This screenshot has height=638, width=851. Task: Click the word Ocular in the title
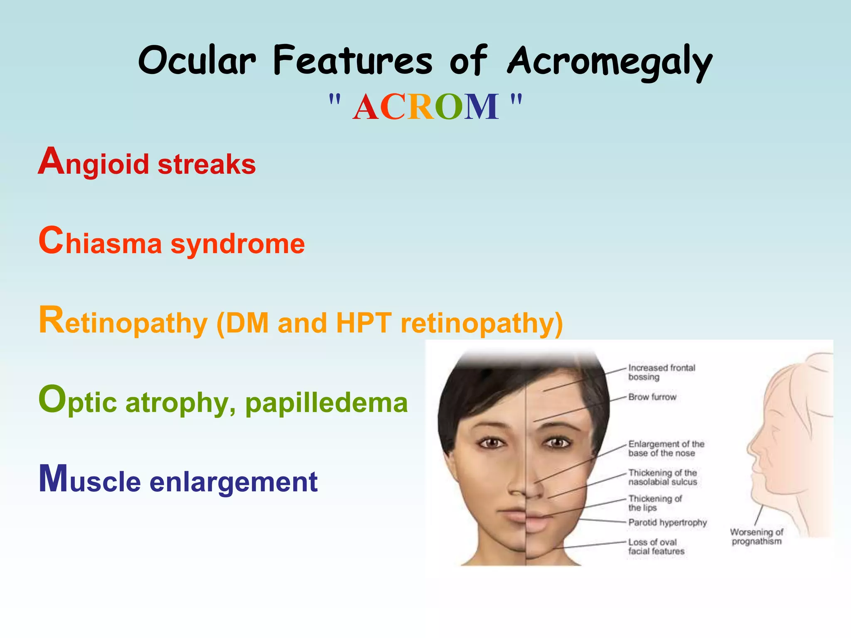pos(197,61)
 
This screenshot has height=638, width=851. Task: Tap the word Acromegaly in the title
pos(610,62)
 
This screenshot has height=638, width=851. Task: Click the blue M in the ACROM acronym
pos(481,107)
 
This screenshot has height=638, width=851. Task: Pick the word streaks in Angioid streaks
pos(207,164)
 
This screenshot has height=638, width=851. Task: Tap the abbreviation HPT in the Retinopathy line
pos(364,322)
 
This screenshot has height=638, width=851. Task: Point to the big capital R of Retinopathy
pos(52,320)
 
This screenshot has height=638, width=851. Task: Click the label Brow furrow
pos(652,397)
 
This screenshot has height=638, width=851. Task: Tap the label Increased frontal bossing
pos(661,372)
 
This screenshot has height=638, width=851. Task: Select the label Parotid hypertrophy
pos(667,523)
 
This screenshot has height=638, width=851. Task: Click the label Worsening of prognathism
pos(756,537)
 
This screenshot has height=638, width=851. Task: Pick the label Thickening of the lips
pos(654,503)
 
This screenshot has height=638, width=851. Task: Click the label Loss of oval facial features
pos(656,547)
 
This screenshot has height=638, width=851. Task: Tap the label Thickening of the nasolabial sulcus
pos(662,477)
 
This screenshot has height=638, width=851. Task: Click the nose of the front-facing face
pos(526,486)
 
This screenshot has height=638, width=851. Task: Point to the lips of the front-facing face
pos(526,519)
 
